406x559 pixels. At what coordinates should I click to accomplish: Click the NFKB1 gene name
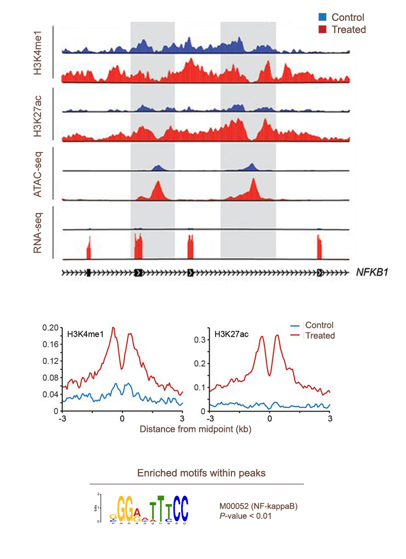tap(371, 273)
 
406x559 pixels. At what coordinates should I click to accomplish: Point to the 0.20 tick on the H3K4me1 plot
tap(51, 328)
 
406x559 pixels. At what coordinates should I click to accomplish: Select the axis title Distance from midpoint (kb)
tap(195, 429)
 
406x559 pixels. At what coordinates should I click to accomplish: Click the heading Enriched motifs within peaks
tap(201, 473)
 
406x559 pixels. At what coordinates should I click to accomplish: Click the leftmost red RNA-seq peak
tap(88, 250)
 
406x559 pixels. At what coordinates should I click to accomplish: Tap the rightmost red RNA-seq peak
tap(320, 247)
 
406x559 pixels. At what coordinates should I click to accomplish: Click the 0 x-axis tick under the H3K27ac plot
tap(269, 419)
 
